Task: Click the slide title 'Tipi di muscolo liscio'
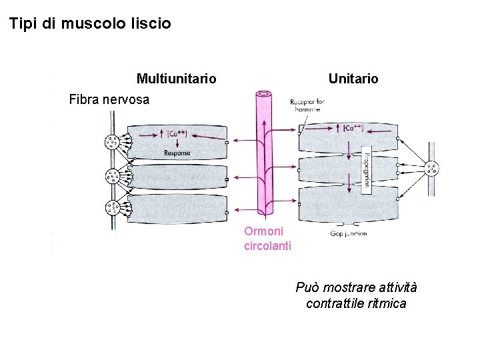tap(90, 24)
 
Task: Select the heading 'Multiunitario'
tap(176, 79)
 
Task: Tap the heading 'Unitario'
tap(353, 79)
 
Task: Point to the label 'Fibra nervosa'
tap(109, 100)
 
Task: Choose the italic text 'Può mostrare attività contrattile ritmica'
tap(356, 295)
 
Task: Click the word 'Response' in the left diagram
tap(177, 153)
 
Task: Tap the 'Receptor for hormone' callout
tap(307, 105)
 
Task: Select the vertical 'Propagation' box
tap(366, 171)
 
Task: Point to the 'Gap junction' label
tap(348, 233)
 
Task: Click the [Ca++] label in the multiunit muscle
tap(177, 133)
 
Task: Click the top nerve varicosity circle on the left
tap(111, 142)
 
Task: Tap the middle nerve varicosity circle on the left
tap(111, 176)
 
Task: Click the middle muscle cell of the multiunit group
tap(177, 177)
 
